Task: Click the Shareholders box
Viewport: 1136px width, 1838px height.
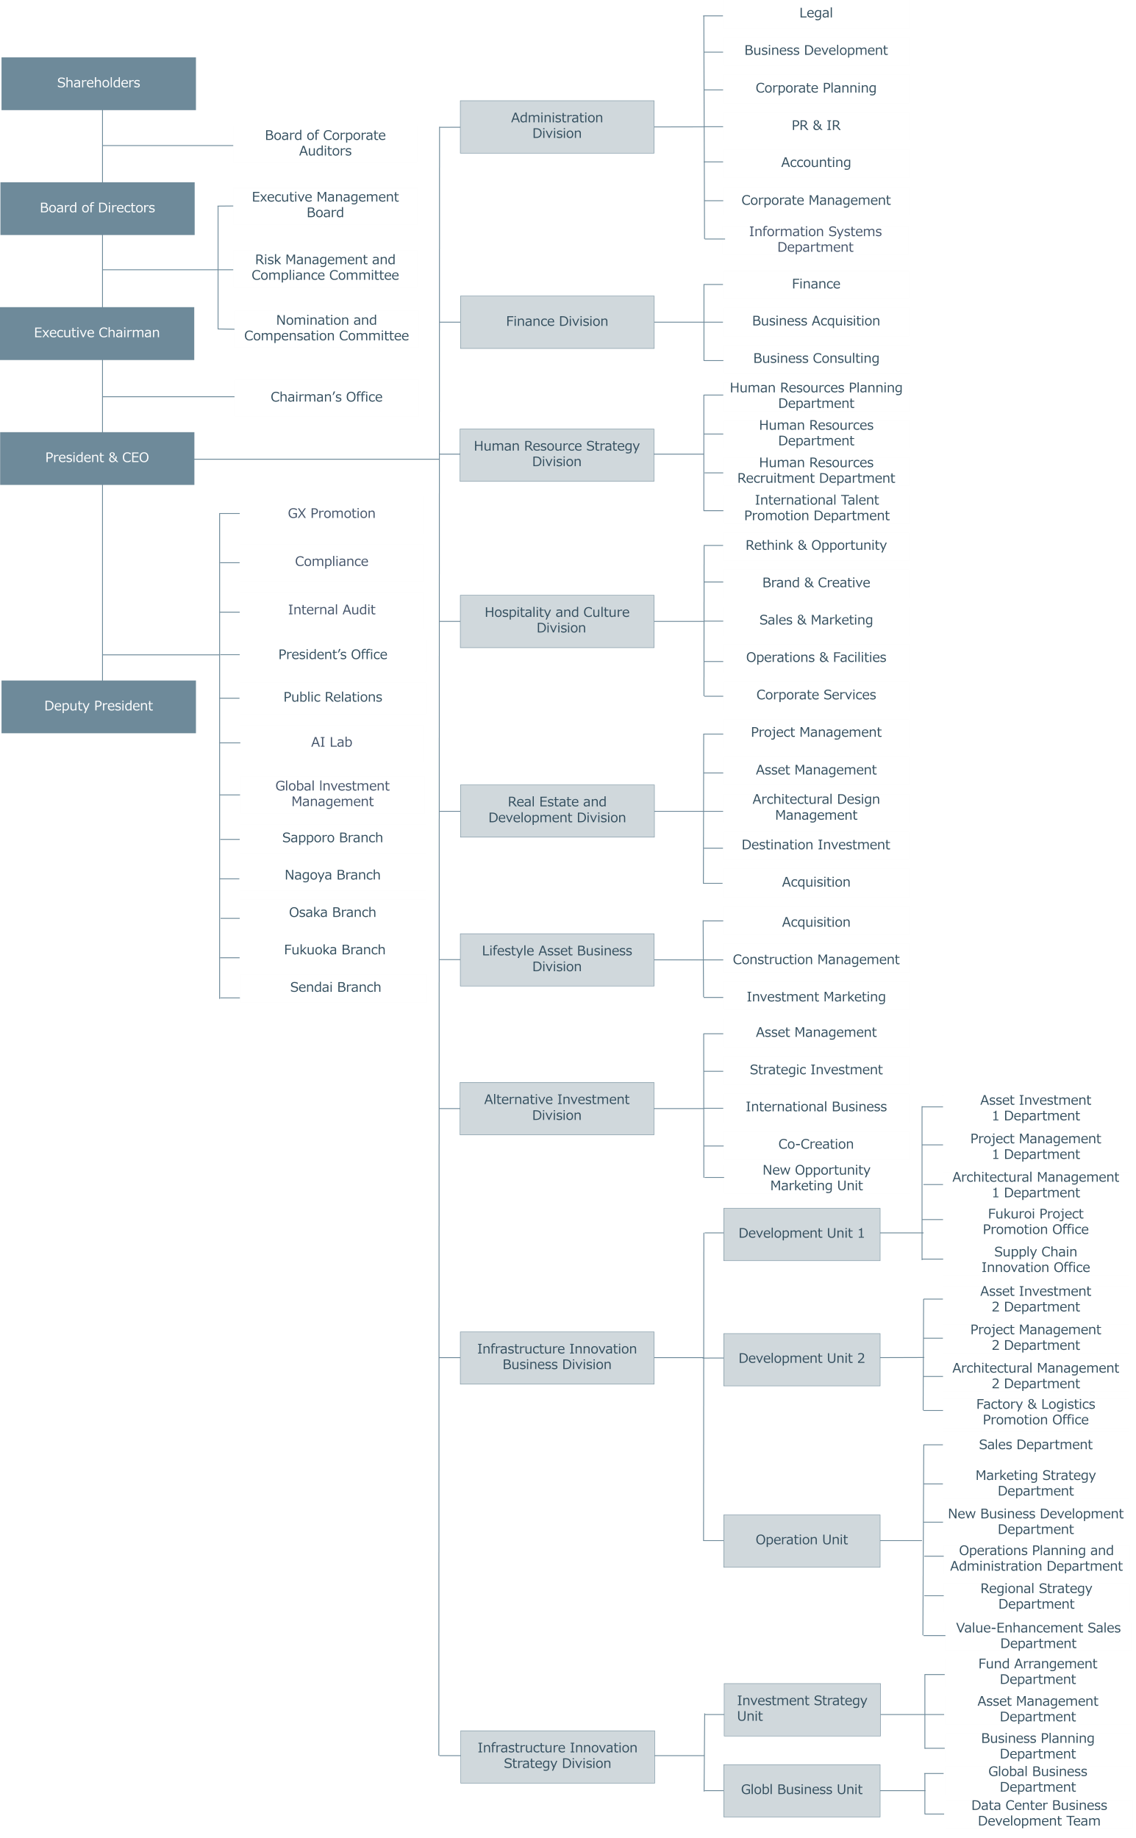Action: click(99, 83)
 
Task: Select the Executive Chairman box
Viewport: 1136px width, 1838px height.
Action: click(97, 334)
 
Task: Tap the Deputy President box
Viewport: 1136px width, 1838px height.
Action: click(99, 707)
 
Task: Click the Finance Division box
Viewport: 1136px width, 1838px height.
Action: click(557, 322)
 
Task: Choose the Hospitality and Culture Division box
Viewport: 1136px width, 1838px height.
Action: click(557, 621)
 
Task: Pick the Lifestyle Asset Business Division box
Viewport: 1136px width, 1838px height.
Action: click(557, 960)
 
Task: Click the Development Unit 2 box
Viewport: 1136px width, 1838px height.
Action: click(801, 1359)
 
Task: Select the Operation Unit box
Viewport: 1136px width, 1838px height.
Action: click(801, 1540)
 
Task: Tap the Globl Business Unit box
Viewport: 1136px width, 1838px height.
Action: click(801, 1791)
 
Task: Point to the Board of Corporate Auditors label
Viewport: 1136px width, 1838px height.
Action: click(325, 143)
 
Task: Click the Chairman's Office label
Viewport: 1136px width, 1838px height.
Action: click(326, 396)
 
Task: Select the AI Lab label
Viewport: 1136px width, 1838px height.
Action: click(332, 742)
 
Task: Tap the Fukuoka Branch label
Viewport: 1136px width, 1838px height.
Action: click(335, 950)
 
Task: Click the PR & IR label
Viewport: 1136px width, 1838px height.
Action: click(816, 126)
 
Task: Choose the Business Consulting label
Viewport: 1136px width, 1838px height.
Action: click(816, 358)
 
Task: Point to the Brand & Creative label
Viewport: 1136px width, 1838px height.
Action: click(816, 583)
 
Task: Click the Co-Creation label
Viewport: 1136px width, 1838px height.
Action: click(816, 1144)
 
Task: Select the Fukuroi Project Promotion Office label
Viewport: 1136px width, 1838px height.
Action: click(1035, 1221)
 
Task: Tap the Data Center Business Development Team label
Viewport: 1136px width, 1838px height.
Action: click(1039, 1813)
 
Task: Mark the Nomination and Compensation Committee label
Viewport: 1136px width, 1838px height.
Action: click(326, 328)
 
